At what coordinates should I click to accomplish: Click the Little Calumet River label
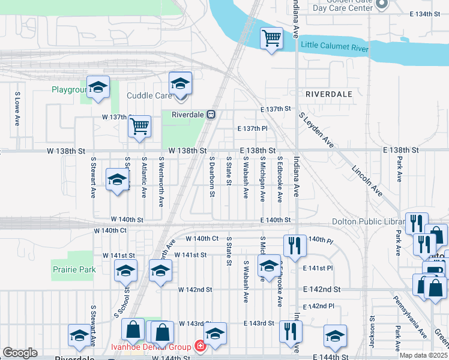(334, 46)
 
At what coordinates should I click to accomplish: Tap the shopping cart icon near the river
(271, 38)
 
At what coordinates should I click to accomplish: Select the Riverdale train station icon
(211, 114)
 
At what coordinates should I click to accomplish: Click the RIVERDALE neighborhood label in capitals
(328, 94)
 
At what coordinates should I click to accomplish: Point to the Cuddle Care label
(149, 95)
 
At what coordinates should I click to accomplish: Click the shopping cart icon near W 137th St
(139, 126)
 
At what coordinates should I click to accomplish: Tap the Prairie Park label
(74, 269)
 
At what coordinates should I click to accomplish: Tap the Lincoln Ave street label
(368, 179)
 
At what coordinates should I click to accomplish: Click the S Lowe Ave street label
(17, 109)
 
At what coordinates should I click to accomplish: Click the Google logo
(20, 353)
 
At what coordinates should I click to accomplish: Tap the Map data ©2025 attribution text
(424, 355)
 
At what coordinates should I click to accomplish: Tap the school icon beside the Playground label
(98, 87)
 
